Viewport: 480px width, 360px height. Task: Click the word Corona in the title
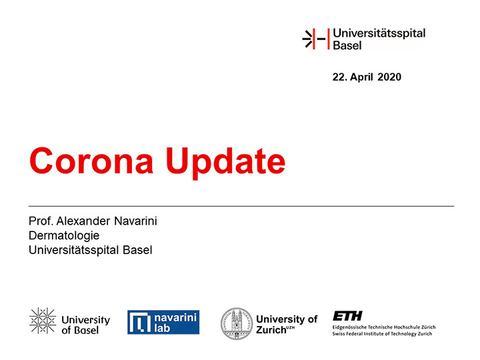point(91,161)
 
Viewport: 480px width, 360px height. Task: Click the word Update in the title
point(225,162)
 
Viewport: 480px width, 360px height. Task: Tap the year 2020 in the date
point(389,77)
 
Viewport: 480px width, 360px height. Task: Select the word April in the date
point(361,77)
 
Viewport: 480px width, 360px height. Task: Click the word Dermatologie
point(64,236)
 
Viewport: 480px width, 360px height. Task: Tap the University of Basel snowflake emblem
point(43,321)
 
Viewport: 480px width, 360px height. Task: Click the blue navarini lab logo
point(163,322)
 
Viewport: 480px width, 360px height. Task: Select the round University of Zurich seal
point(237,323)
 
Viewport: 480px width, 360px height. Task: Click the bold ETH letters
point(347,316)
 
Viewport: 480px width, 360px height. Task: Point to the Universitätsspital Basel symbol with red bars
point(316,39)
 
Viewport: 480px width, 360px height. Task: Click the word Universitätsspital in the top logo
point(379,33)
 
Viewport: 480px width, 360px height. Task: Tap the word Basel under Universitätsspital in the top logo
point(347,45)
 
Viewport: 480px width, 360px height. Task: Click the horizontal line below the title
point(241,206)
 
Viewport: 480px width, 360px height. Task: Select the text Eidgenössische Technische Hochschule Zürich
point(384,327)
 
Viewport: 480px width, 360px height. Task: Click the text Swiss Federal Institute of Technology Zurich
point(383,334)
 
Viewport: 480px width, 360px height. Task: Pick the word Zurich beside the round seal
point(271,330)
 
